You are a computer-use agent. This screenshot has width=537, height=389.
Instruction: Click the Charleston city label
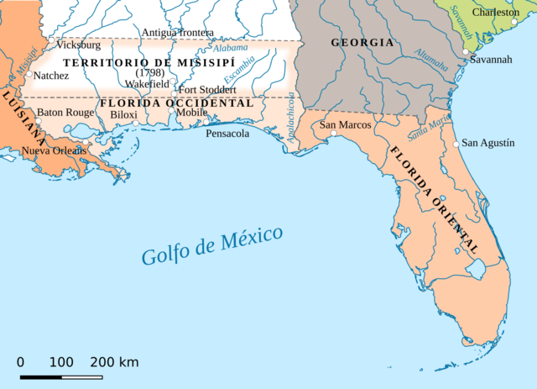[495, 13]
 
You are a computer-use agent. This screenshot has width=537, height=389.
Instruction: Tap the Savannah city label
[492, 60]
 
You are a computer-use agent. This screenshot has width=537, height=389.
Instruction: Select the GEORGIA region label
[362, 42]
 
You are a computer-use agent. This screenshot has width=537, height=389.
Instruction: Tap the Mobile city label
[191, 113]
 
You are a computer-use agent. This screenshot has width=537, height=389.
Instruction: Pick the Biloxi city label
[123, 114]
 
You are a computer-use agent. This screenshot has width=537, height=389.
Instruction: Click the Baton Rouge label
[65, 113]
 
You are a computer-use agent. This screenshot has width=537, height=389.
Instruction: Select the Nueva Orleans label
[54, 150]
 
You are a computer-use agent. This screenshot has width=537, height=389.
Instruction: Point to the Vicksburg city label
[78, 45]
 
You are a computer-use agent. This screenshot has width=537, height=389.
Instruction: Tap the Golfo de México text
[211, 244]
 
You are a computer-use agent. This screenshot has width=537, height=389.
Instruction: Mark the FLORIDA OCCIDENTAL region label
[176, 103]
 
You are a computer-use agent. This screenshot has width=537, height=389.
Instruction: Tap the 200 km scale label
[114, 362]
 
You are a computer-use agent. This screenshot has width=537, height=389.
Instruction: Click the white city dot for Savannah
[466, 52]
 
